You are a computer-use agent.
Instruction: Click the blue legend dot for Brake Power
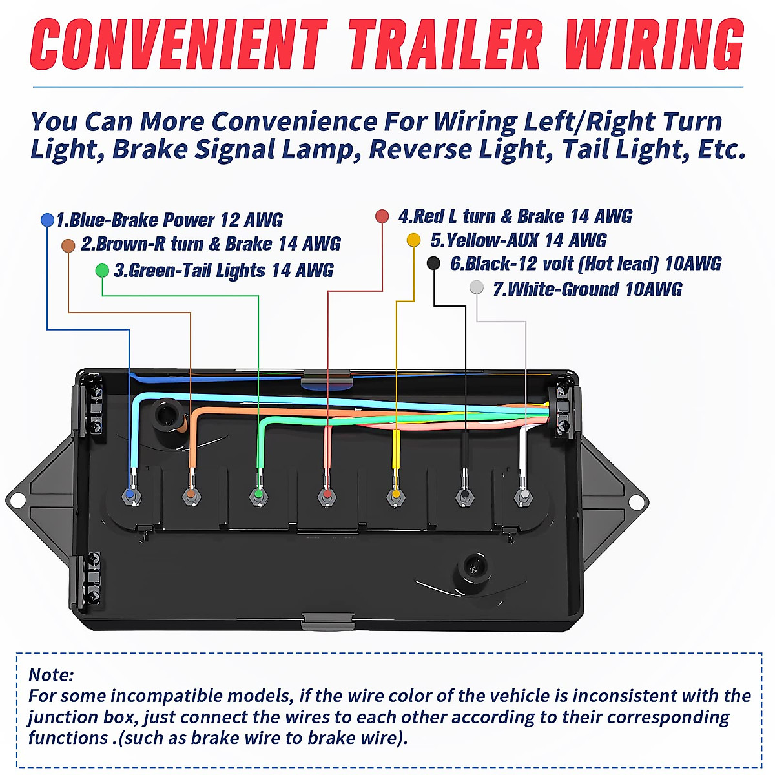click(x=47, y=220)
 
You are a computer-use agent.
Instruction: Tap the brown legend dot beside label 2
click(x=68, y=245)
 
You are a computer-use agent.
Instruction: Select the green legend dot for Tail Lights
click(x=102, y=271)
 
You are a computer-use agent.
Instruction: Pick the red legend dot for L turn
click(x=382, y=216)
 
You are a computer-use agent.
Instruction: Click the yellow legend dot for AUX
click(x=413, y=240)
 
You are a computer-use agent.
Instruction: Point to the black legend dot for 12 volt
click(x=434, y=263)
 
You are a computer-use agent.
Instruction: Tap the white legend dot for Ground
click(x=476, y=287)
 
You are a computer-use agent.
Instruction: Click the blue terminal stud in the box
click(x=130, y=495)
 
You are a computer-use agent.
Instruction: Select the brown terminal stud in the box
click(x=190, y=495)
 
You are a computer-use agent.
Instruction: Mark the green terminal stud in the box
click(x=258, y=495)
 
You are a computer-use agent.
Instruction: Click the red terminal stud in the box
click(x=327, y=495)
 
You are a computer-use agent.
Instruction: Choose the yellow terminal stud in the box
click(x=396, y=495)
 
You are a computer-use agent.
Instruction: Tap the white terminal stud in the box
click(x=524, y=495)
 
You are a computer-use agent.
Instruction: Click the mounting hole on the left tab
click(x=17, y=500)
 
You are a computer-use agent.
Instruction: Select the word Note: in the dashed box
click(x=51, y=675)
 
